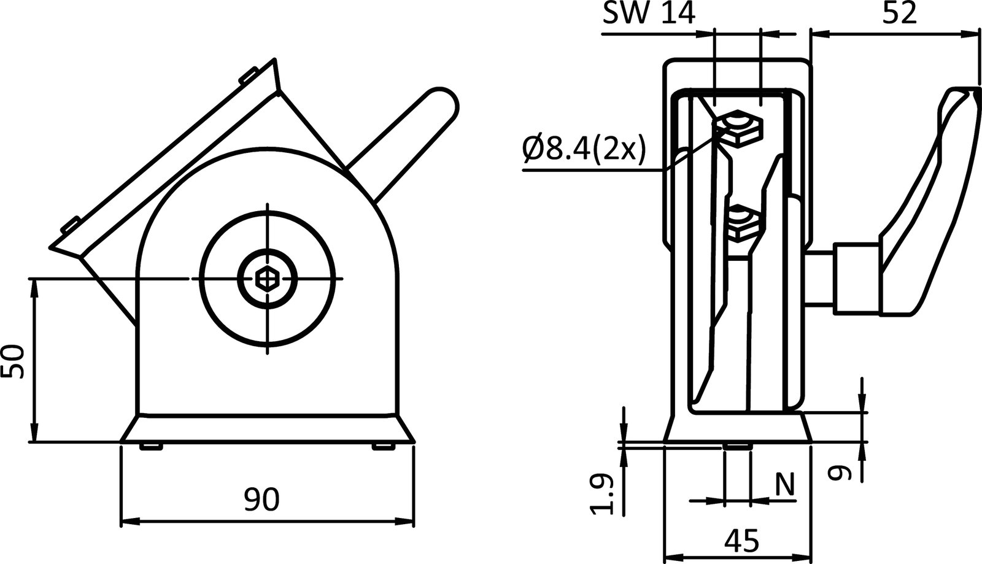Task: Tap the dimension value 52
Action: coord(900,13)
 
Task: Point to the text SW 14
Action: coord(649,14)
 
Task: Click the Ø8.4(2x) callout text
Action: coord(583,149)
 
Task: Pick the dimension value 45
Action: coord(741,541)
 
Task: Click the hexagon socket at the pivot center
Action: coord(268,279)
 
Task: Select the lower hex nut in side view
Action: coord(743,224)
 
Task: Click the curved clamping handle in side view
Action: coord(927,203)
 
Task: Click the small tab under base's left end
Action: coord(151,446)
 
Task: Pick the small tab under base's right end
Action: coord(383,446)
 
